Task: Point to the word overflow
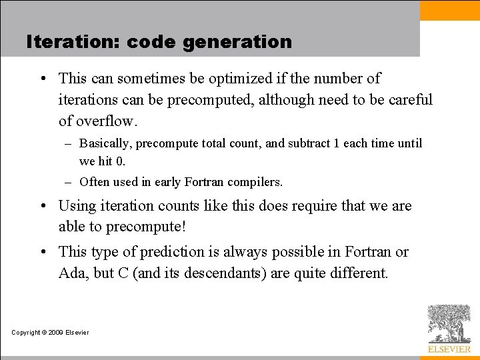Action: pyautogui.click(x=105, y=121)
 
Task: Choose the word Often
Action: pyautogui.click(x=94, y=181)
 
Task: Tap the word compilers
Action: pyautogui.click(x=258, y=182)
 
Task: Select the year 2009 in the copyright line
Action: pyautogui.click(x=55, y=333)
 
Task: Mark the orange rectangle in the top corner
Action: pyautogui.click(x=450, y=10)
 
